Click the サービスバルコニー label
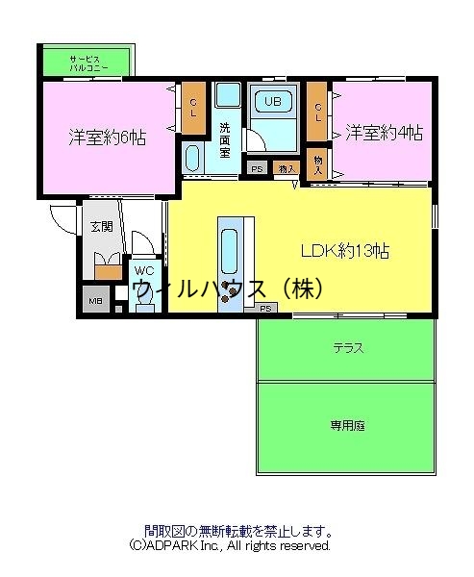pyautogui.click(x=87, y=63)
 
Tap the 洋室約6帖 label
pyautogui.click(x=107, y=136)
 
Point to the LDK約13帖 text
pyautogui.click(x=345, y=251)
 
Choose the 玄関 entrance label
pyautogui.click(x=101, y=227)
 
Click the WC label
pyautogui.click(x=144, y=271)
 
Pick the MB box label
pyautogui.click(x=95, y=301)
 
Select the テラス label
pyautogui.click(x=347, y=347)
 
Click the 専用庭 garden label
pyautogui.click(x=347, y=423)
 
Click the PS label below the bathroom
pyautogui.click(x=257, y=169)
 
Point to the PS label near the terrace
pyautogui.click(x=266, y=309)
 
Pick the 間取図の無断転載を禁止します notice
pyautogui.click(x=238, y=530)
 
